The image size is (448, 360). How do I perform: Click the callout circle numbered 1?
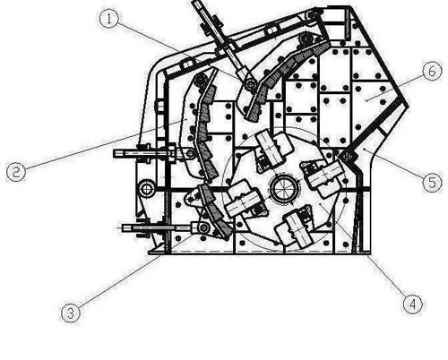[x=109, y=19]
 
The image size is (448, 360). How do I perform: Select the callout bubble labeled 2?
[x=16, y=172]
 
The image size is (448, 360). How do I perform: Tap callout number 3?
[x=71, y=313]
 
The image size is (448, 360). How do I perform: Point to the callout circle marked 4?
[x=413, y=304]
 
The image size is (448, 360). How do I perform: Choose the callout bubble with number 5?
[x=433, y=182]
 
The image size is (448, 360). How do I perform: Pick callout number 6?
[x=432, y=71]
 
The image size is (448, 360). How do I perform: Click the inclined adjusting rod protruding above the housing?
[x=220, y=39]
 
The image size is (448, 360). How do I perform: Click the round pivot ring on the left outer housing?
[x=147, y=189]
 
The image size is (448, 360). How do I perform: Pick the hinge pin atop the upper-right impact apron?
[x=306, y=39]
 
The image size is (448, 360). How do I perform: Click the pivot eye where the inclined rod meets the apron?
[x=250, y=84]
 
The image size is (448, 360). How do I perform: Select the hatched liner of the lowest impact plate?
[x=216, y=211]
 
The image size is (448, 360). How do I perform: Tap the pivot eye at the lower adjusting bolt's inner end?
[x=203, y=228]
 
